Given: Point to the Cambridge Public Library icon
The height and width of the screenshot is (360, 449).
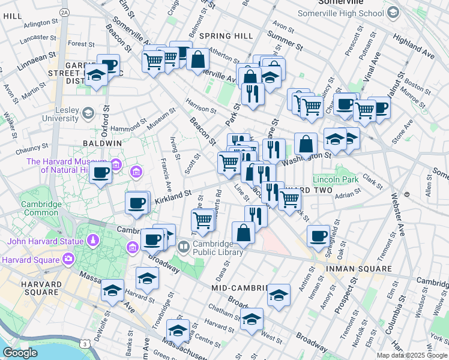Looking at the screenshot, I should pos(184,245).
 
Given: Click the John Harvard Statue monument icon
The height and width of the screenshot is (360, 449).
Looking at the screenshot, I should pos(92,241).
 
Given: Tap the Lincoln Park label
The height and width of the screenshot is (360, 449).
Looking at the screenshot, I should pos(335,179).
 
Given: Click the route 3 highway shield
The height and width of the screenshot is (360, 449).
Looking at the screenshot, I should pos(86,344).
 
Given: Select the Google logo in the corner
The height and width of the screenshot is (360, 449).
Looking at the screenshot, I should pos(20,353).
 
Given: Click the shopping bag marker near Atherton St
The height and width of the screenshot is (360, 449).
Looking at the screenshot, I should pos(197,59).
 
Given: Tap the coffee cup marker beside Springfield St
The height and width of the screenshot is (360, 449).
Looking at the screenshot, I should pos(318,235).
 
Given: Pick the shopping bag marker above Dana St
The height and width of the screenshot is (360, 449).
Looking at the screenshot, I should pos(244,233).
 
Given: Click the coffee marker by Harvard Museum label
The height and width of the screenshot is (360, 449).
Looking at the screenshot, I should pos(100,174).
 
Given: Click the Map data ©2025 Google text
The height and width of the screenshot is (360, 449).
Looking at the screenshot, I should pos(411,355).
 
